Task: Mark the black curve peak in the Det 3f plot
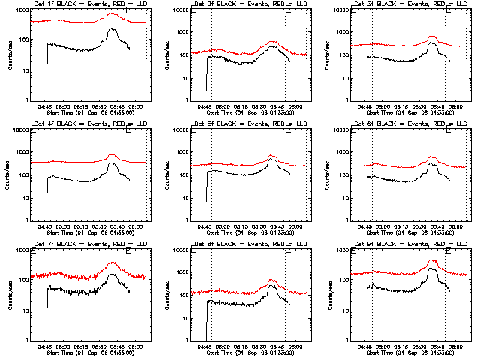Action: (x=432, y=43)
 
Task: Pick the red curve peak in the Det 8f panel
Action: (x=272, y=280)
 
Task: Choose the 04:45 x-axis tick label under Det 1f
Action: (x=43, y=106)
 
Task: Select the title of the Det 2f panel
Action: (x=241, y=6)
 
